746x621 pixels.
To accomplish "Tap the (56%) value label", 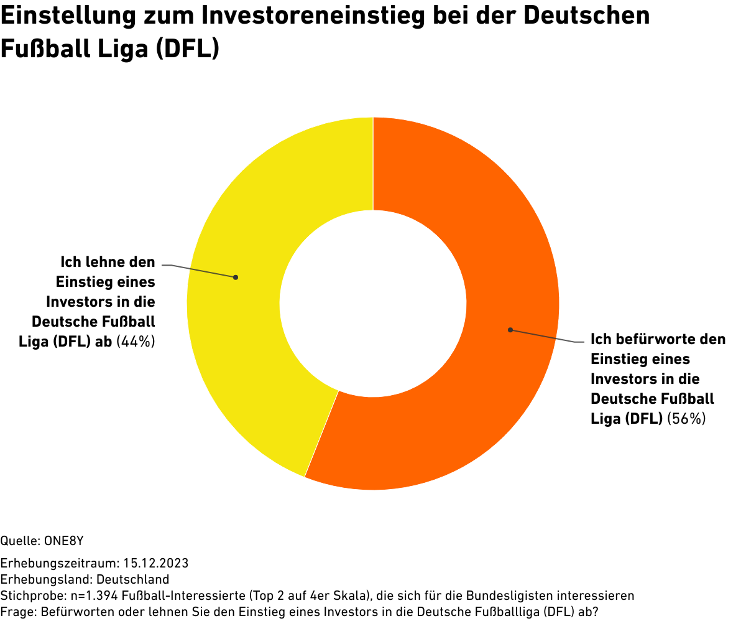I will coord(686,419).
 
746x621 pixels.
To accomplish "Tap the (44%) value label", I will coord(136,341).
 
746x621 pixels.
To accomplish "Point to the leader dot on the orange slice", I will coord(510,329).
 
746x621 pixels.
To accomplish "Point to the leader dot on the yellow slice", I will coord(236,277).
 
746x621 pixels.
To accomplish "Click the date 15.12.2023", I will coord(156,564).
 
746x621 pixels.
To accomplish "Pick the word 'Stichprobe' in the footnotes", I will coord(29,595).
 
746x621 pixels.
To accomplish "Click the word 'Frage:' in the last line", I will coord(19,612).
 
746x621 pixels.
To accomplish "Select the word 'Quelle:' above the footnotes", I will coord(21,540).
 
